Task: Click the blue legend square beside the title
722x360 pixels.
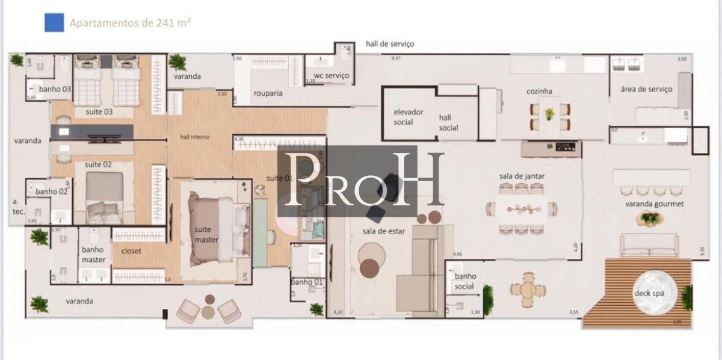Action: click(54, 23)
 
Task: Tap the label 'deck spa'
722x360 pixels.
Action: click(647, 294)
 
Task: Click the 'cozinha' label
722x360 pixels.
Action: click(540, 92)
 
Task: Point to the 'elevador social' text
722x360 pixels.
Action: click(409, 117)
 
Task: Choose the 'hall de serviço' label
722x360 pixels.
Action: click(390, 44)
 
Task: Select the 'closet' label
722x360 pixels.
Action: click(132, 251)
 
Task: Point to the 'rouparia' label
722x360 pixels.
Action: click(268, 93)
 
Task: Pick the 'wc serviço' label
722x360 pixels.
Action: click(328, 76)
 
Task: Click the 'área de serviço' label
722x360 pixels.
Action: click(646, 89)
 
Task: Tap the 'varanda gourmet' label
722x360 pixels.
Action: click(655, 204)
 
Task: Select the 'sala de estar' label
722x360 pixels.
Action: click(382, 232)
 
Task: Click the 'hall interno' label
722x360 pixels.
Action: click(195, 137)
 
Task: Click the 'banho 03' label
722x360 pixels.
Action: click(55, 89)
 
